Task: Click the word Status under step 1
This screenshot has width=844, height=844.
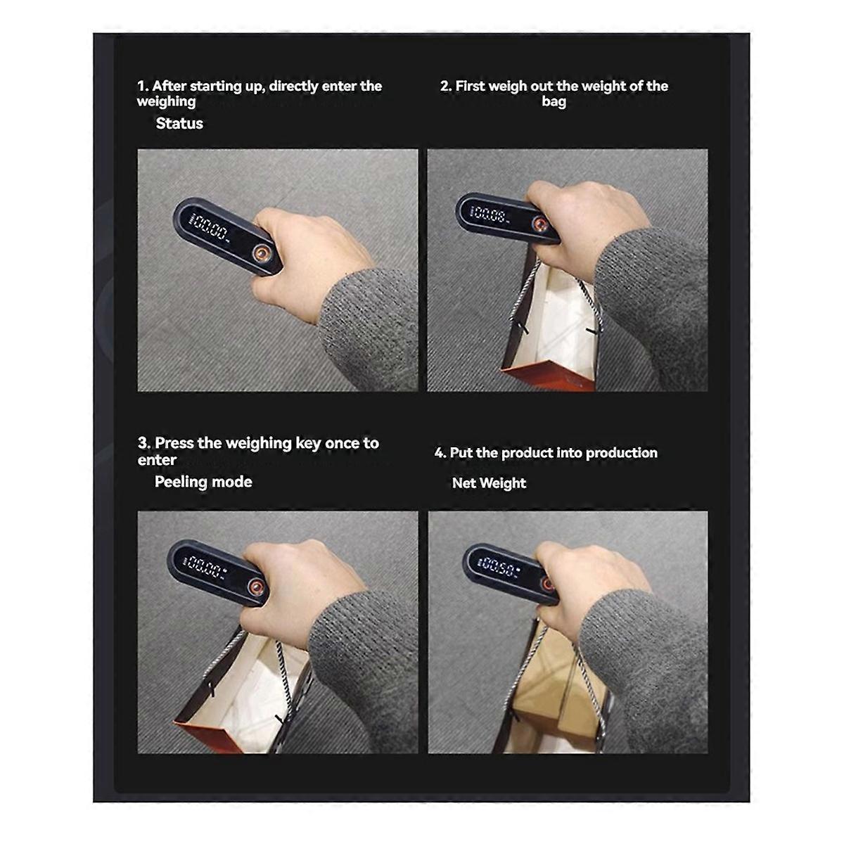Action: point(179,124)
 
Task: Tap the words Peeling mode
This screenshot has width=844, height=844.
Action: point(203,482)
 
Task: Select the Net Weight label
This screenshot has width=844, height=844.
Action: point(489,483)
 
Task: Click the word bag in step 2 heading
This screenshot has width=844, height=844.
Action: point(554,101)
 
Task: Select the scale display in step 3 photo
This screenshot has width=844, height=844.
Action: point(205,568)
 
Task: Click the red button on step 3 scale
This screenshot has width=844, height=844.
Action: point(255,587)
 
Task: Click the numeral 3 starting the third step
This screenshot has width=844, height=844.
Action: point(143,443)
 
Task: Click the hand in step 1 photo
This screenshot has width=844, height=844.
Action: point(307,258)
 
